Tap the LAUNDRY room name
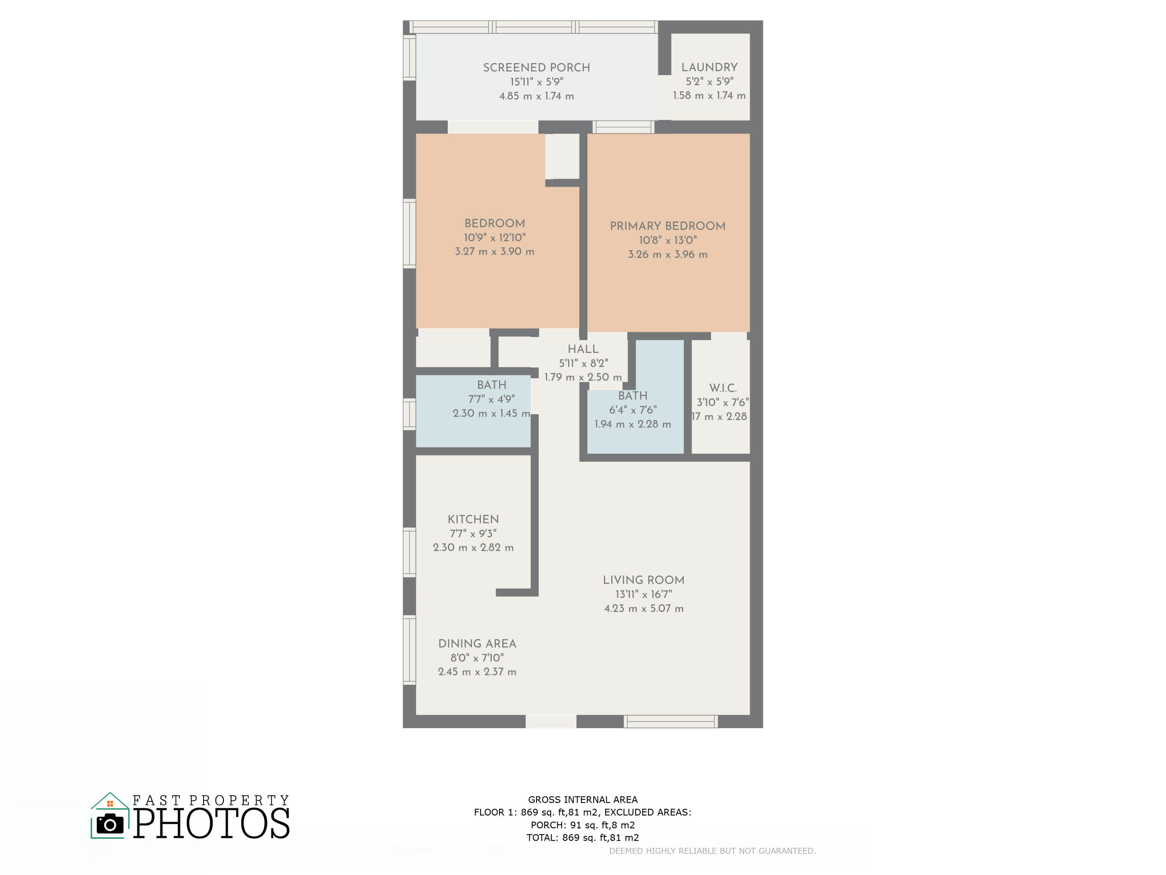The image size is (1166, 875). [709, 67]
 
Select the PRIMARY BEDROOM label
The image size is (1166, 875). [667, 226]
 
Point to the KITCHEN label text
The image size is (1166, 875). [473, 519]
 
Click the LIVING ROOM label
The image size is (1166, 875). [644, 580]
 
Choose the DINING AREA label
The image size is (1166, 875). [477, 644]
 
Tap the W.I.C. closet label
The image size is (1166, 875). [723, 388]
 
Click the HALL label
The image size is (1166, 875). [583, 349]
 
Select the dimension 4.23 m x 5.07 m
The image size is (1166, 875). [644, 608]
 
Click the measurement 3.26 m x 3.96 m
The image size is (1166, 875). [667, 254]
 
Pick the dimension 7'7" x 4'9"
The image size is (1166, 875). [491, 399]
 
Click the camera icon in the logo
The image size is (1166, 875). [110, 824]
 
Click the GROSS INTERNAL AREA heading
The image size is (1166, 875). [583, 800]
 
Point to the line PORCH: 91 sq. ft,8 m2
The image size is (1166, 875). [583, 825]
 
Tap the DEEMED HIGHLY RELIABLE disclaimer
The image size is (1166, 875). [712, 851]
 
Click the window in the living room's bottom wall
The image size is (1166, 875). [670, 721]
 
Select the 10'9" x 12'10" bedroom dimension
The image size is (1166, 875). [494, 237]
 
